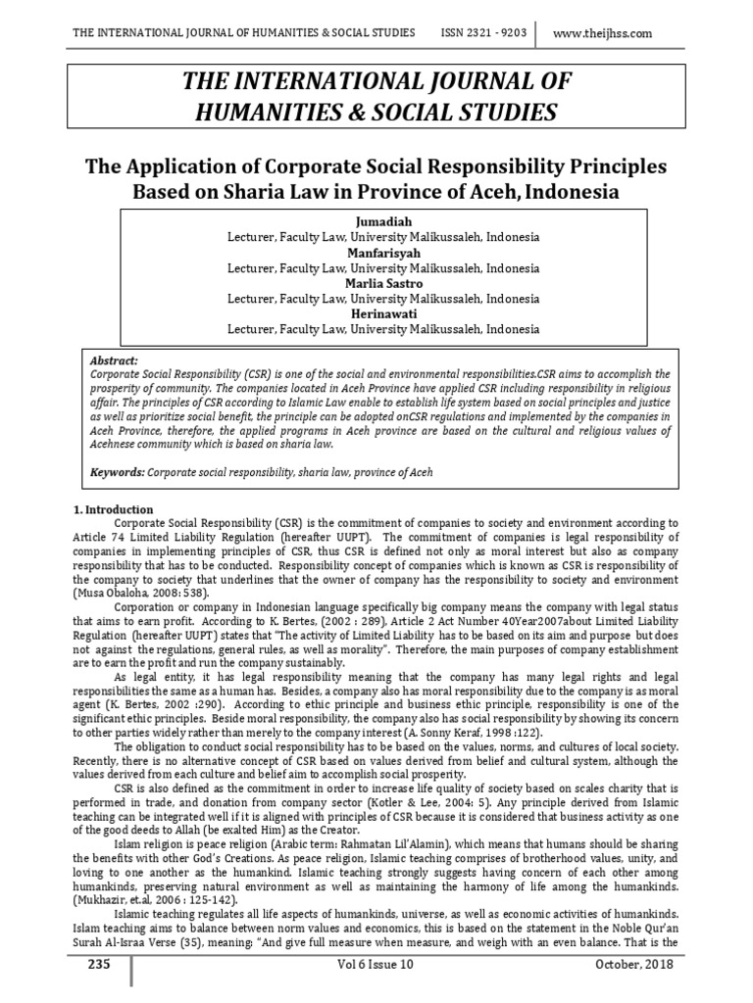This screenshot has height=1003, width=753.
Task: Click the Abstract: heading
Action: pos(114,360)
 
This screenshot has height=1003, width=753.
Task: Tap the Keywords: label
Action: pos(117,471)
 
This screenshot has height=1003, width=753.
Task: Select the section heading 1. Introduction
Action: pos(114,509)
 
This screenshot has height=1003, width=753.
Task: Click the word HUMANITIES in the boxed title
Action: pos(273,112)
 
